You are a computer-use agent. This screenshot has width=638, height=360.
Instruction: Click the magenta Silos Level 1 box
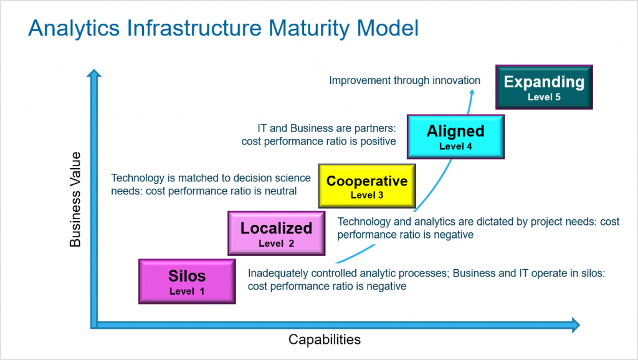[187, 282]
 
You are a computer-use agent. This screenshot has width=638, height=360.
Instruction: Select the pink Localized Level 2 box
[276, 233]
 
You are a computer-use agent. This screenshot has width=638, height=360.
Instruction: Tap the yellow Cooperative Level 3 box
[367, 186]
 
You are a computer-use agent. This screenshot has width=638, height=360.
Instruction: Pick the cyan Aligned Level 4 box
[455, 136]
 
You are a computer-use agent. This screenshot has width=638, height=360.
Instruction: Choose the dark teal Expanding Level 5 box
[544, 87]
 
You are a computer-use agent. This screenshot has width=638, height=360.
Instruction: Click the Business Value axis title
[75, 199]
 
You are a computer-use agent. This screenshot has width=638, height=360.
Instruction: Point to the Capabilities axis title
[324, 339]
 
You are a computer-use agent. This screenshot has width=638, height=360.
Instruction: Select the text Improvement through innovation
[404, 80]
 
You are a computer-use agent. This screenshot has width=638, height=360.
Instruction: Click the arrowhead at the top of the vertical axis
[93, 75]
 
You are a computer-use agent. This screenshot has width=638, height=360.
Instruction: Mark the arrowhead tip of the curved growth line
[472, 91]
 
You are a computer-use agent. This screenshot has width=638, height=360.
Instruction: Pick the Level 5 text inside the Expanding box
[544, 97]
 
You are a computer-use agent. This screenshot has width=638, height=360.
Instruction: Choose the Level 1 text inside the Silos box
[187, 290]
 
